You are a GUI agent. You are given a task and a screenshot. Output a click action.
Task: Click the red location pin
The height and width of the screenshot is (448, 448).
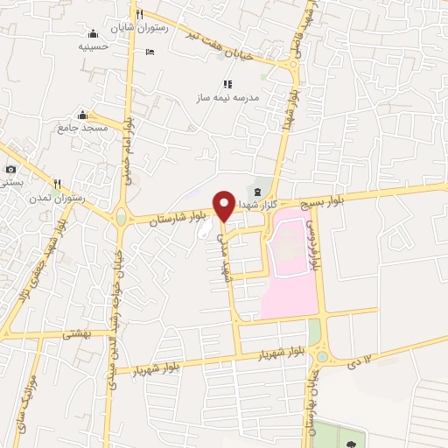pyautogui.click(x=224, y=204)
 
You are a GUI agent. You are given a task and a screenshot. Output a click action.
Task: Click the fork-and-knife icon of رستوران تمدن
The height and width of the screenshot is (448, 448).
pyautogui.click(x=58, y=184)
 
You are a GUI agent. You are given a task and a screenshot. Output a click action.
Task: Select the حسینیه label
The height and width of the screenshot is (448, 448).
pyautogui.click(x=93, y=45)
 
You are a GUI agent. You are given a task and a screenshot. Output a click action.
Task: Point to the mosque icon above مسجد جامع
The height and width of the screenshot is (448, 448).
pyautogui.click(x=82, y=115)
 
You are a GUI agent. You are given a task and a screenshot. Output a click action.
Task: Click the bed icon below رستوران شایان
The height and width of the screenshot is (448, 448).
pyautogui.click(x=150, y=52)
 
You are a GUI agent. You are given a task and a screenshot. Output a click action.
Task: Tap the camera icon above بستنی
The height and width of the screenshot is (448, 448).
pyautogui.click(x=10, y=169)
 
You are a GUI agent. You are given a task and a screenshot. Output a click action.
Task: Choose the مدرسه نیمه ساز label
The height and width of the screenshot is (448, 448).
pyautogui.click(x=227, y=99)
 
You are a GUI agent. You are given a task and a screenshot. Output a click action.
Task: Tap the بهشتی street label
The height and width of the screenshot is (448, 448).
pyautogui.click(x=90, y=335)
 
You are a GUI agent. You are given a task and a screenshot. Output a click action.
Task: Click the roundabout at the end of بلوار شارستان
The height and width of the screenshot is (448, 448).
pyautogui.click(x=119, y=217)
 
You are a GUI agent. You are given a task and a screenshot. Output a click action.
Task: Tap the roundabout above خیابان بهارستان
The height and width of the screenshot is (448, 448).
pyautogui.click(x=323, y=356)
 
